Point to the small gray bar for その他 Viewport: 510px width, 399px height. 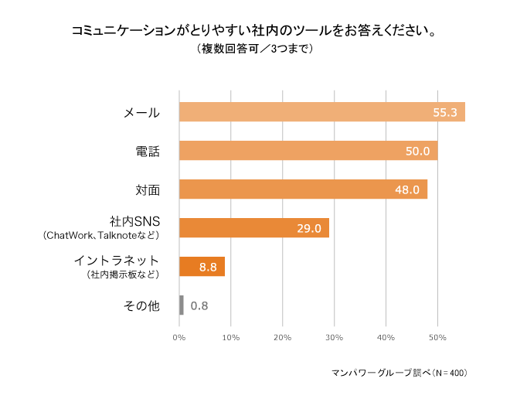coord(182,305)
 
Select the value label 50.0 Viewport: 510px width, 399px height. coord(417,152)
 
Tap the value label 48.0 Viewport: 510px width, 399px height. coord(407,190)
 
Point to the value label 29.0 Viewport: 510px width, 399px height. coord(309,229)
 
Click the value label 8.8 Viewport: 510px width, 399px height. coord(208,268)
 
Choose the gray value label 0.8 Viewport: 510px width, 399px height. coord(199,306)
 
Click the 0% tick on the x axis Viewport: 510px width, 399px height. coord(179,338)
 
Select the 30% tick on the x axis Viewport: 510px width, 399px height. coord(334,338)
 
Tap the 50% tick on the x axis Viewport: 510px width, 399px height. coord(437,338)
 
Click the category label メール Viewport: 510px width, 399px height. coord(142,113)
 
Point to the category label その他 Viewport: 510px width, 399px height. coord(142,306)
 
